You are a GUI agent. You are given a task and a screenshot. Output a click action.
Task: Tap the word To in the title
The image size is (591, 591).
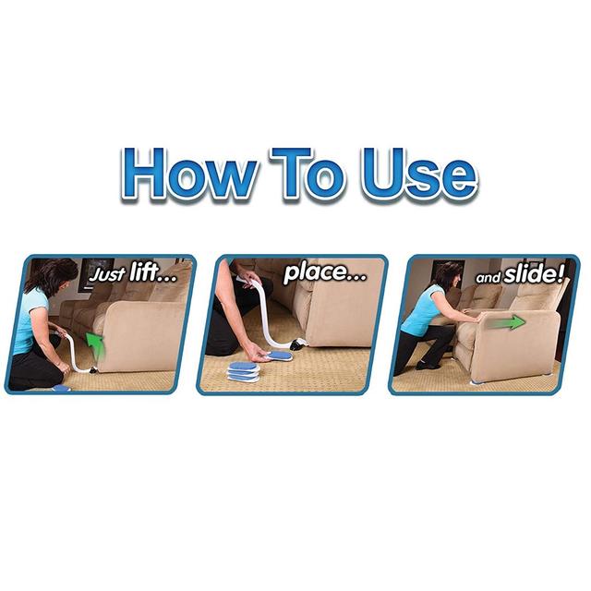coord(307,174)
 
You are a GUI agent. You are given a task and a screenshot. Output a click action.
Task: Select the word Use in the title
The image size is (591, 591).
coord(417,174)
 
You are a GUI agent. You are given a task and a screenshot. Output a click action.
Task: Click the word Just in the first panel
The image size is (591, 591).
coord(107,275)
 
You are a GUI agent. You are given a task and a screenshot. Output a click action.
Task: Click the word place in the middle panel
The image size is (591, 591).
coord(324,273)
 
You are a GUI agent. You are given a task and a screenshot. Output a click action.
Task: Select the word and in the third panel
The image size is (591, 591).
coord(488,278)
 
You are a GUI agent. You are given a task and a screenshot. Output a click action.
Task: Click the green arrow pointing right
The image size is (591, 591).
coord(508,322)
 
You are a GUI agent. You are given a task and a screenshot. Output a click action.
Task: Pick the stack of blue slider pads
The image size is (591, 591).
coord(244,371)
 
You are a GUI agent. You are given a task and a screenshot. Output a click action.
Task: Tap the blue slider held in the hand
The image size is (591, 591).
coord(280,356)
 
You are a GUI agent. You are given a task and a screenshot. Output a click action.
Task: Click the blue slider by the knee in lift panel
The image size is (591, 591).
coord(62,388)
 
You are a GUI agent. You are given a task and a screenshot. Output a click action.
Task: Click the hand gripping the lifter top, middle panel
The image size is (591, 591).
coord(248,279)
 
